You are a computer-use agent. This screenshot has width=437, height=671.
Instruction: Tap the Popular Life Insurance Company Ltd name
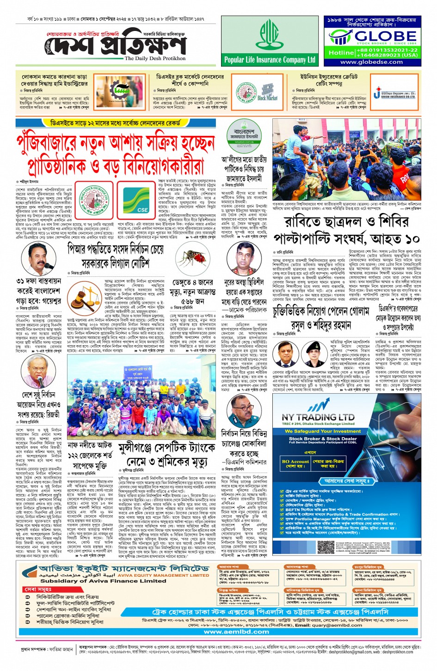coord(269,60)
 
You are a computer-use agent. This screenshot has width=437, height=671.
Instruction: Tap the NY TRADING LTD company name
coord(318,417)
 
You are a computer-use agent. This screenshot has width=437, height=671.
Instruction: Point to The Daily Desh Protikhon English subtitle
coord(155,59)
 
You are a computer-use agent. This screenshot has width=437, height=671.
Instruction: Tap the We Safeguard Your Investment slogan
coord(322,431)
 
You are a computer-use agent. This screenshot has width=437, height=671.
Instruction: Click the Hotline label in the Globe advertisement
coord(341,53)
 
